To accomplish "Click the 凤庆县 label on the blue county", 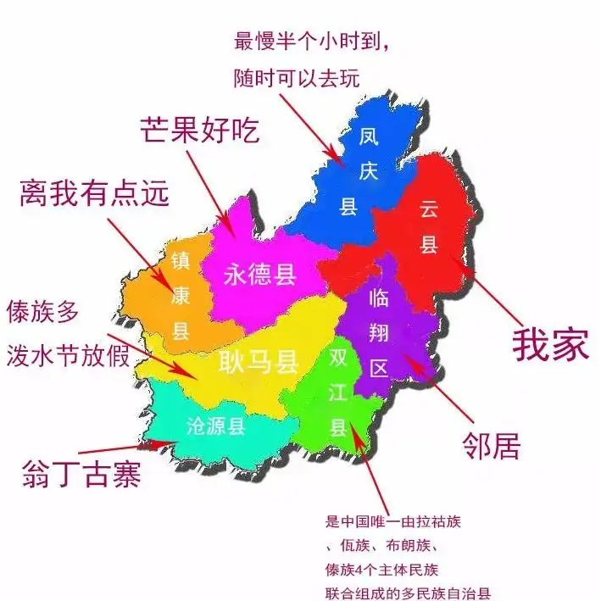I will point(348,170).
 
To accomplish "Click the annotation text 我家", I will point(550,345).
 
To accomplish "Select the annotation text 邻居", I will point(492,442).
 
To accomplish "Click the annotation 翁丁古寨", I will point(80,475).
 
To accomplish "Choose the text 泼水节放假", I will point(69,353).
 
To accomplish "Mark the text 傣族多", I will point(43,311).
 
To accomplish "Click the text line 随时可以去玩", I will point(297,78).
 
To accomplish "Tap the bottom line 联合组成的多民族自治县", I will point(408,593).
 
